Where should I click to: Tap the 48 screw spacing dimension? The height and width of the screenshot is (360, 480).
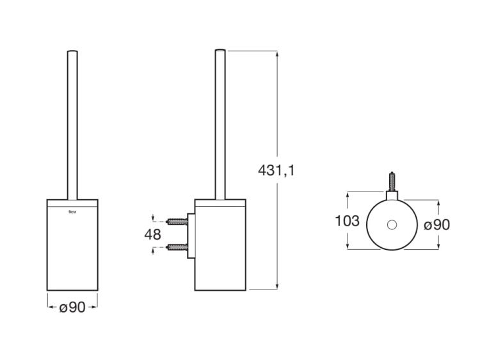click(x=153, y=234)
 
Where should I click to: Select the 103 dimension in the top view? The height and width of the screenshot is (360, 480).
click(x=348, y=222)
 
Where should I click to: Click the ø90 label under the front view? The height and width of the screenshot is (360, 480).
click(x=72, y=307)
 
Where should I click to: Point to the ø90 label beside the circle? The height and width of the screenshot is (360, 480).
click(x=438, y=224)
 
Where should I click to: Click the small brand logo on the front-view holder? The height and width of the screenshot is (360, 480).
click(x=72, y=209)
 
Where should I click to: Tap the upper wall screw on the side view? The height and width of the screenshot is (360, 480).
click(x=176, y=222)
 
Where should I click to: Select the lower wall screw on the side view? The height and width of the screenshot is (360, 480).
click(x=176, y=247)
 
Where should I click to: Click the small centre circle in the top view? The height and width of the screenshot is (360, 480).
click(x=392, y=225)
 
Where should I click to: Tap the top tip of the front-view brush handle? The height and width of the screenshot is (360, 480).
click(x=72, y=51)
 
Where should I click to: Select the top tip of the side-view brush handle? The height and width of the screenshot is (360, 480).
click(x=220, y=51)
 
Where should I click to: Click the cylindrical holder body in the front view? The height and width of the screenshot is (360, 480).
click(x=72, y=250)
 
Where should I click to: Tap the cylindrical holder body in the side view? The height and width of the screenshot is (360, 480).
click(x=220, y=250)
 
